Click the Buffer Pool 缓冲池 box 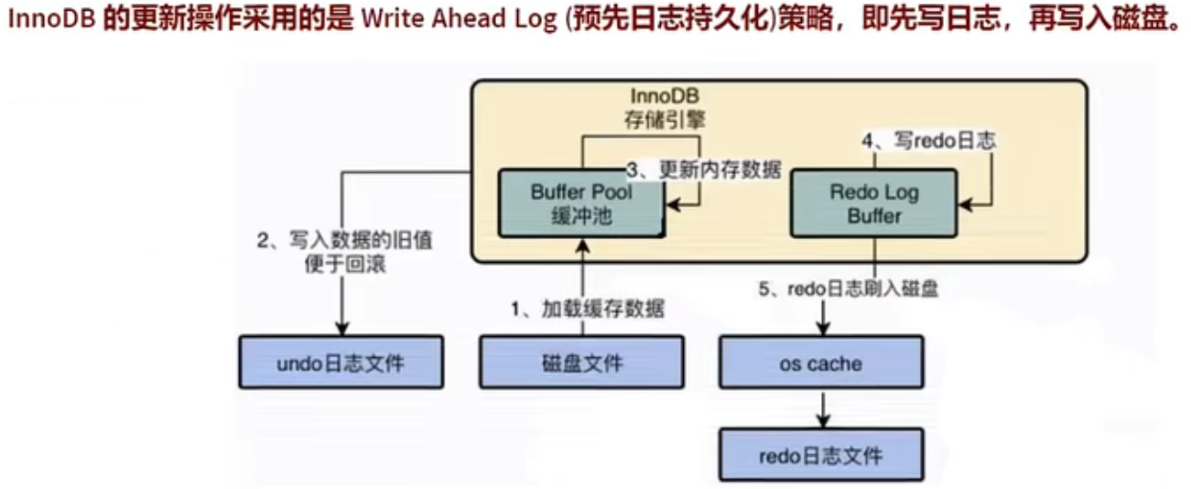point(580,204)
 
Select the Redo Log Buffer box point(873,204)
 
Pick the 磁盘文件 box point(581,364)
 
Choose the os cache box point(820,364)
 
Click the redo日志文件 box point(820,454)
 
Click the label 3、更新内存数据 point(704,169)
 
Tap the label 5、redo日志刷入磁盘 point(848,289)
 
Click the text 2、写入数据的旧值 point(344,243)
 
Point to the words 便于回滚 point(344,265)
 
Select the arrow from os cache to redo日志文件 point(822,408)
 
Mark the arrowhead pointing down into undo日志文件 point(341,328)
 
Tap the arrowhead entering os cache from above point(822,328)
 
